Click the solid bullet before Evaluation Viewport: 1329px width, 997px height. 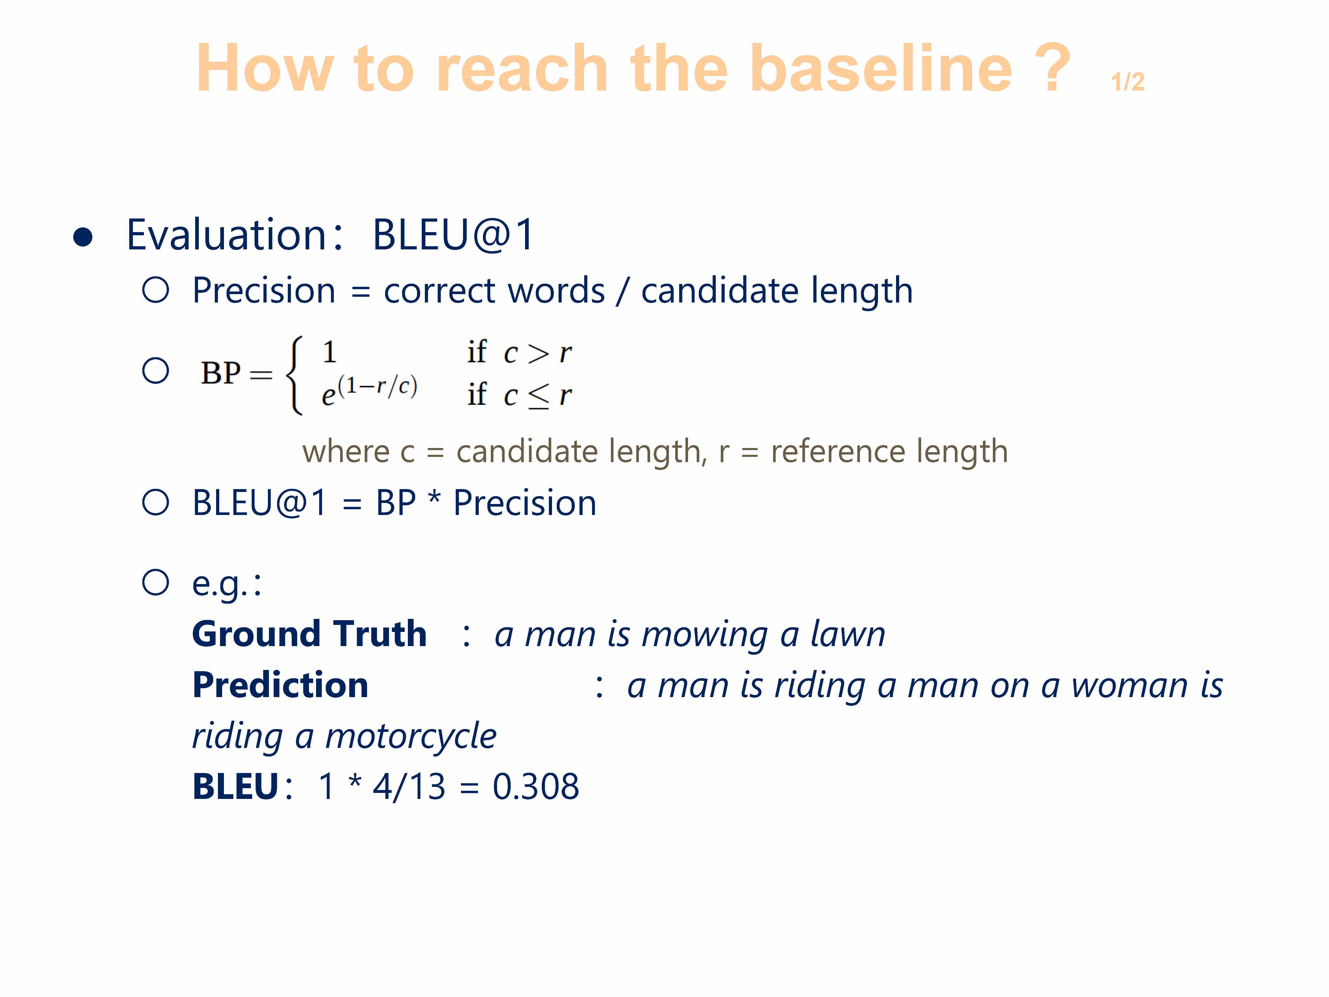pyautogui.click(x=83, y=237)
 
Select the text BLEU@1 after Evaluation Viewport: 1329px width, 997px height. pyautogui.click(x=454, y=234)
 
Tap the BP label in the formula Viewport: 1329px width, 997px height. pyautogui.click(x=221, y=373)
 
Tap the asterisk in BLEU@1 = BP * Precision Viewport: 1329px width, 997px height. pyautogui.click(x=434, y=498)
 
